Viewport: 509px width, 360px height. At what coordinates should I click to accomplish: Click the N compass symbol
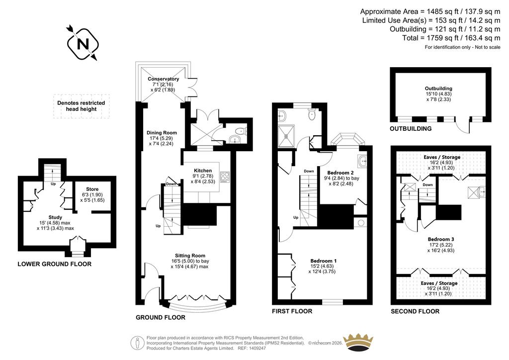click(83, 44)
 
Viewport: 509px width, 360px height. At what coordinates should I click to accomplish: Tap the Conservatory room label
click(163, 79)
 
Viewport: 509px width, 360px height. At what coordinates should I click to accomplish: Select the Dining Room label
click(162, 132)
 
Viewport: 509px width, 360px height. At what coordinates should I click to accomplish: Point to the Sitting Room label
click(190, 256)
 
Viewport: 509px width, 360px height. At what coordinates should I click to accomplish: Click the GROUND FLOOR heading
click(161, 317)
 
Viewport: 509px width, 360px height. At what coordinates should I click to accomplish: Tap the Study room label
click(55, 217)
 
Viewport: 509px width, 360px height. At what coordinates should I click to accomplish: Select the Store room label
click(92, 189)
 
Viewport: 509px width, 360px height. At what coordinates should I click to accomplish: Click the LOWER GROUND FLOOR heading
click(55, 264)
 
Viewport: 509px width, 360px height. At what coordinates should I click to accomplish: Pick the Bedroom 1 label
click(323, 261)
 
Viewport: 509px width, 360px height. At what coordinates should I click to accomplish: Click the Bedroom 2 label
click(340, 173)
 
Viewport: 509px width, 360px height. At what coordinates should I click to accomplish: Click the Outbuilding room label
click(438, 89)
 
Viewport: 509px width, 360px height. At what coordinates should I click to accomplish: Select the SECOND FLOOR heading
click(415, 312)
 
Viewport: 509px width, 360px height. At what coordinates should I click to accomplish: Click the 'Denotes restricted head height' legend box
click(81, 106)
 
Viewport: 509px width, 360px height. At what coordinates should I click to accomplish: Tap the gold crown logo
click(358, 342)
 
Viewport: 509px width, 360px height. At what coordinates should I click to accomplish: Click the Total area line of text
click(451, 38)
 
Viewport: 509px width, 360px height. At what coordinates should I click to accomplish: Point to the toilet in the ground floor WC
click(241, 131)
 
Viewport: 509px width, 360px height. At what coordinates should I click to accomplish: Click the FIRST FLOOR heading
click(292, 311)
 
